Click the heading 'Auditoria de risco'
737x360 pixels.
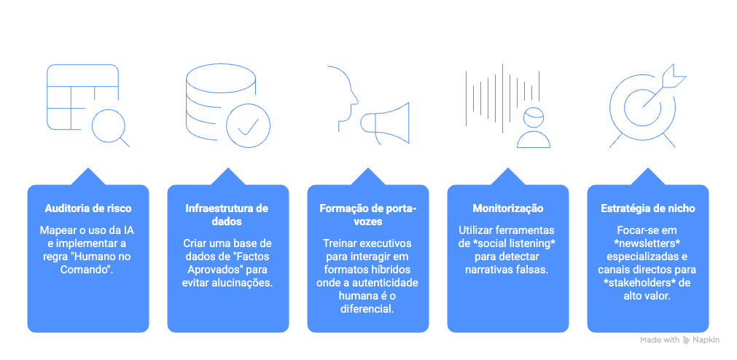87,208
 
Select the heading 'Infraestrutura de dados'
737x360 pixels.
227,214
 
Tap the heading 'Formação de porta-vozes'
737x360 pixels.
367,214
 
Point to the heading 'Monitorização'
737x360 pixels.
507,208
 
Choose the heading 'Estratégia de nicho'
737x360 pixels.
647,208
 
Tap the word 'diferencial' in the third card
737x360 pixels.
367,309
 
